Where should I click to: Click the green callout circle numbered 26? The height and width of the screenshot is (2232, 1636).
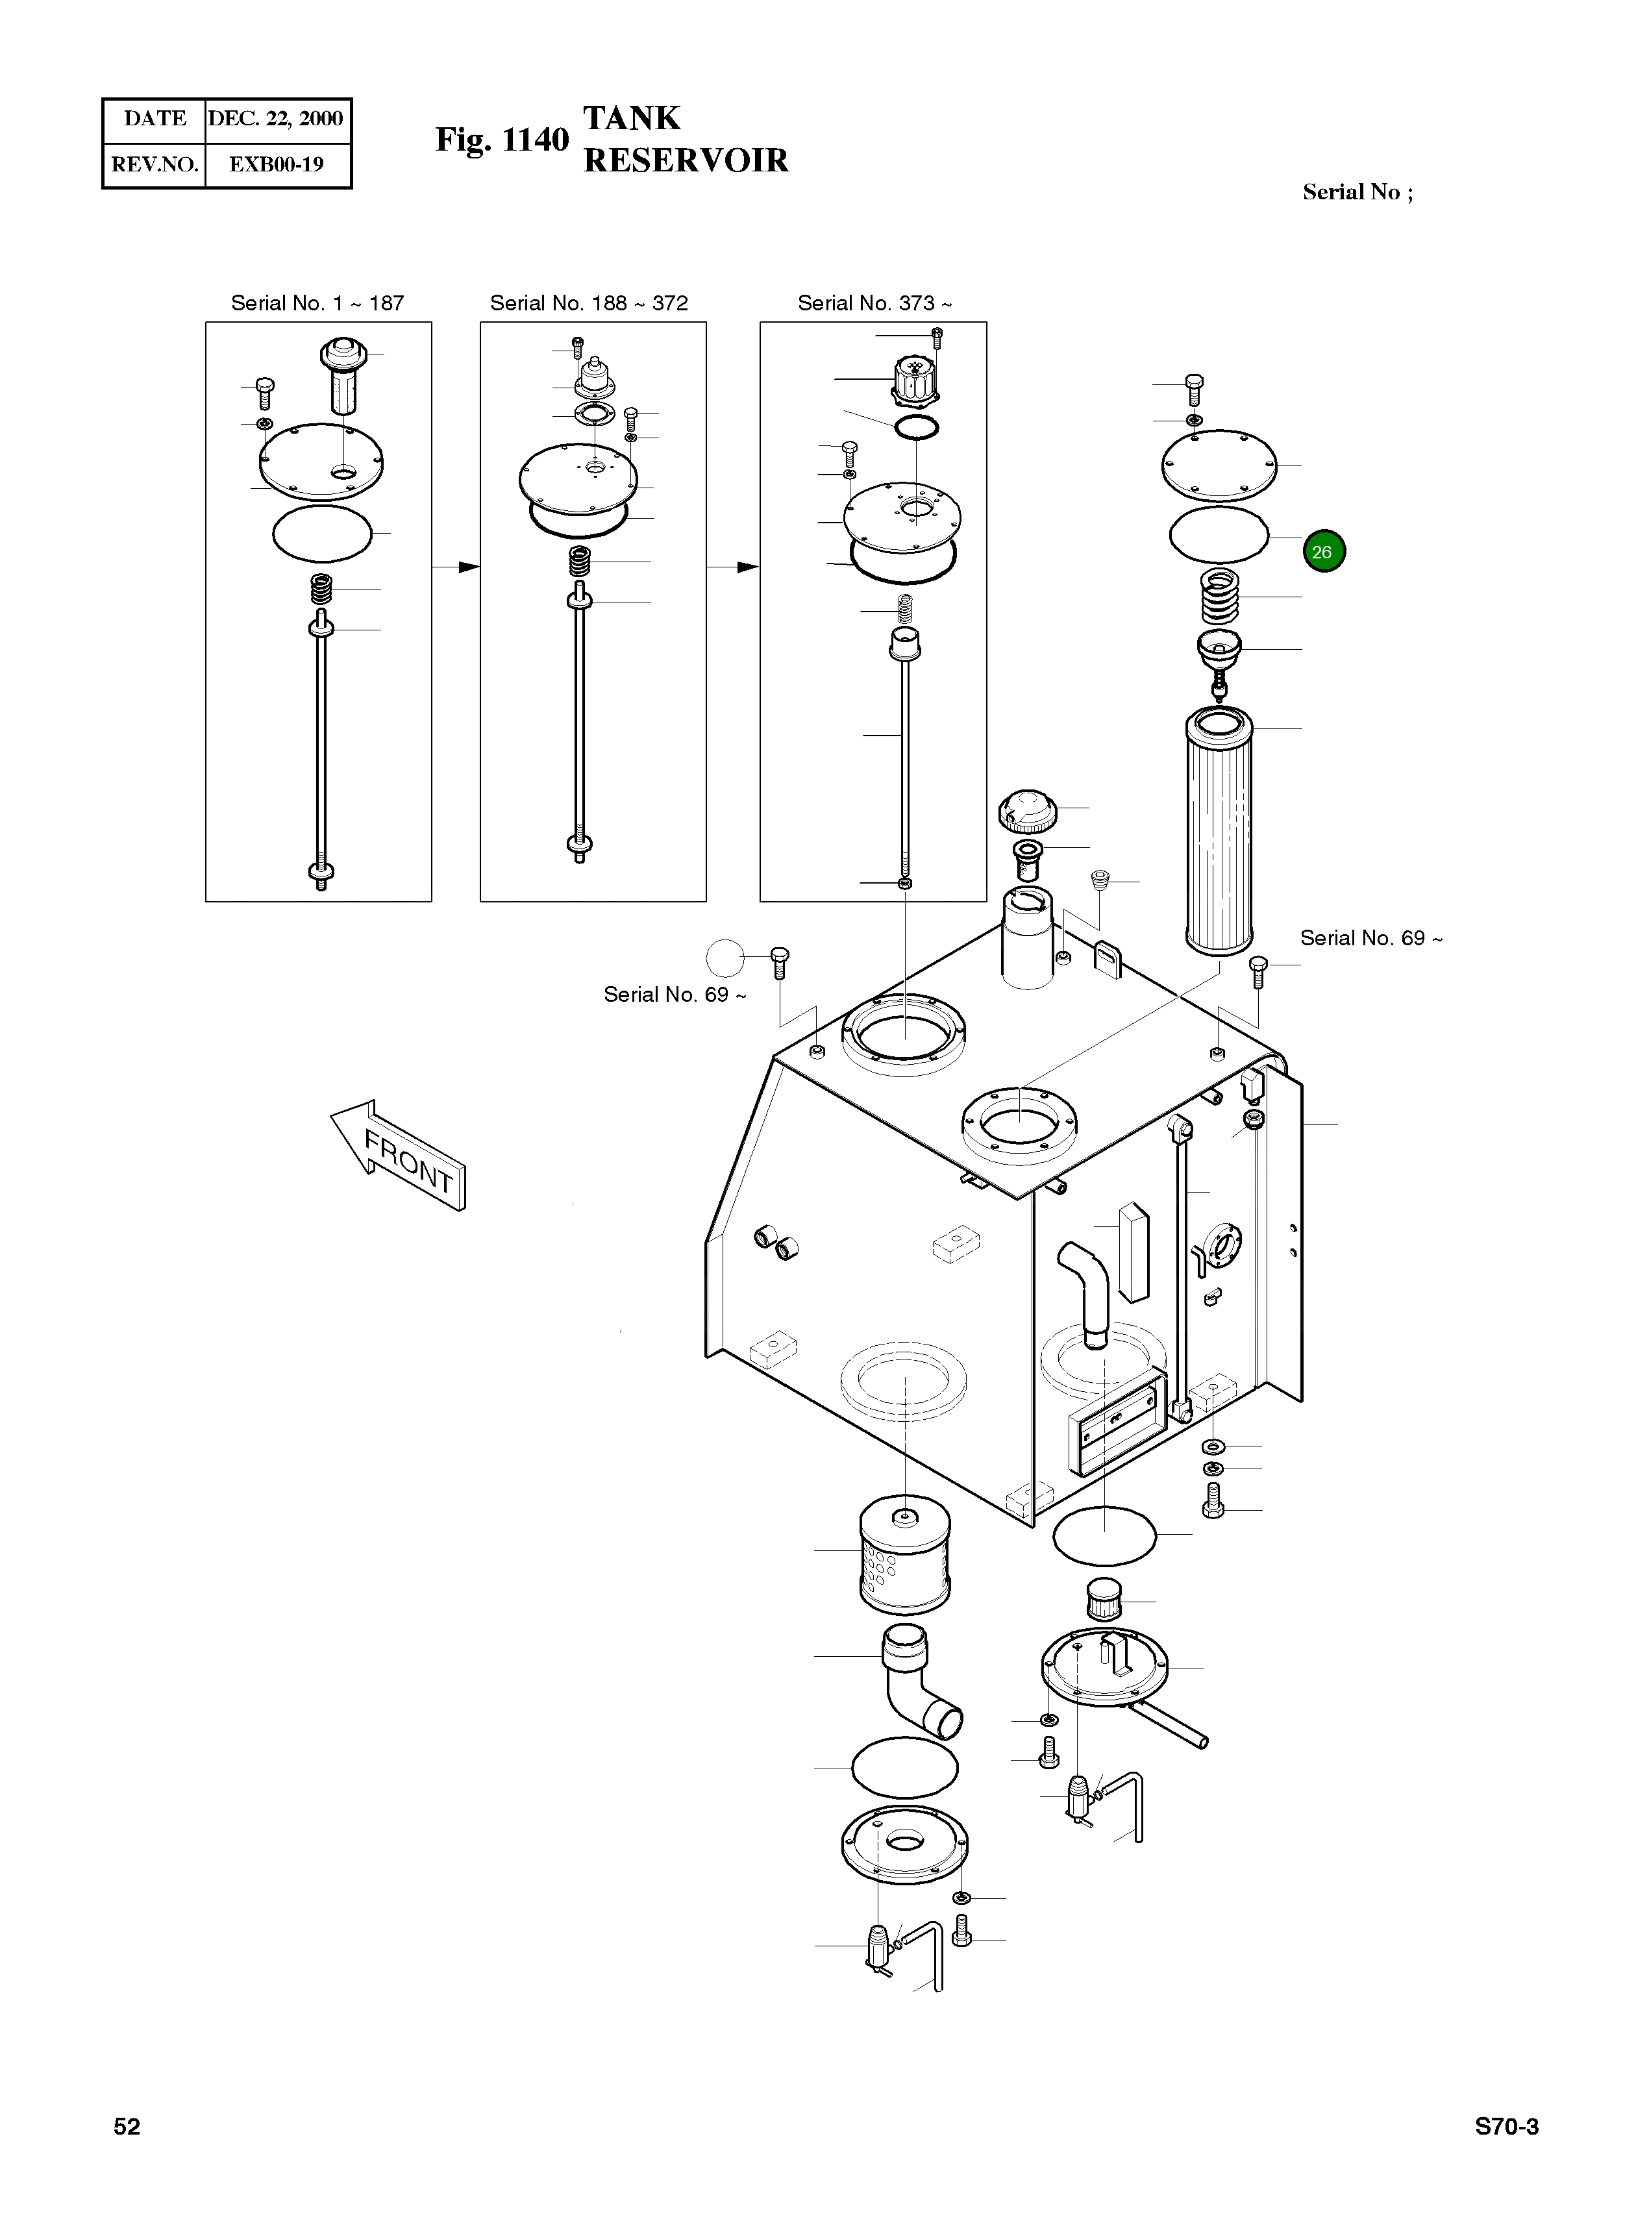1323,552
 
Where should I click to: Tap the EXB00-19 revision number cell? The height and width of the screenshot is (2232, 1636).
277,164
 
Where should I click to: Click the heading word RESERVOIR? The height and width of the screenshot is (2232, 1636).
686,160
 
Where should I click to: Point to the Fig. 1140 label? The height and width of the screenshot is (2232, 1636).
502,140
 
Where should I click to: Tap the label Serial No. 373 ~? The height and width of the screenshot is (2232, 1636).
874,303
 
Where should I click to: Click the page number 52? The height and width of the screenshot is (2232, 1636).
127,2127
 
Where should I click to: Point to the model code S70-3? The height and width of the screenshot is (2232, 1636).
1506,2127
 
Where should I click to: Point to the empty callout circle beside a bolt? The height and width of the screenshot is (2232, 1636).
725,958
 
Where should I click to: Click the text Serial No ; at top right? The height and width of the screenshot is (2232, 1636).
1357,192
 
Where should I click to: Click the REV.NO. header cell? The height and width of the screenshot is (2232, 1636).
155,164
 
